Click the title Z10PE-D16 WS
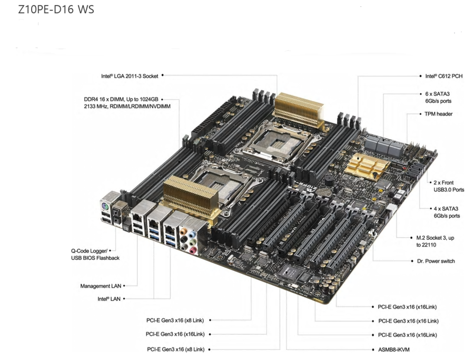click(x=56, y=9)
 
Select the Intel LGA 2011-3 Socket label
click(x=130, y=76)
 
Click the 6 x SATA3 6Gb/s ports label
click(x=438, y=97)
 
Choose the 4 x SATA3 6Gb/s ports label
click(x=446, y=212)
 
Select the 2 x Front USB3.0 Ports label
click(x=448, y=186)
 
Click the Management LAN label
click(x=101, y=286)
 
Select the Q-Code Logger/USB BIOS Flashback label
click(x=95, y=254)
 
